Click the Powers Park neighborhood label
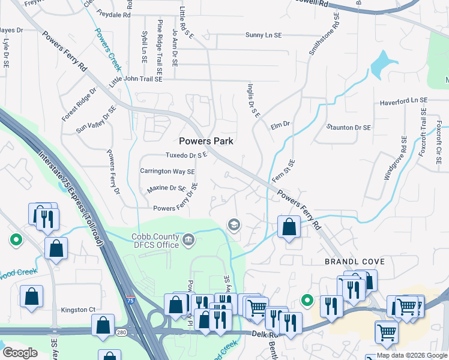(x=206, y=141)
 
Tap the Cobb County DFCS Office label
(x=155, y=241)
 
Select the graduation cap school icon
(x=233, y=225)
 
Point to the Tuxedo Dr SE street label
(x=186, y=155)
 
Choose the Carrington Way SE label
(x=167, y=171)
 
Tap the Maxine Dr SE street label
(x=166, y=188)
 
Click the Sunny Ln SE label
(x=264, y=35)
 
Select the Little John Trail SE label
(x=136, y=79)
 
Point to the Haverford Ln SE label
(x=403, y=102)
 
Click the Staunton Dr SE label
(x=348, y=128)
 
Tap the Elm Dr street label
(x=280, y=124)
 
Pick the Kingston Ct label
(x=78, y=310)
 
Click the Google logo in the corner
(x=20, y=353)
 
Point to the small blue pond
(x=382, y=63)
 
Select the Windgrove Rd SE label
(x=395, y=158)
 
